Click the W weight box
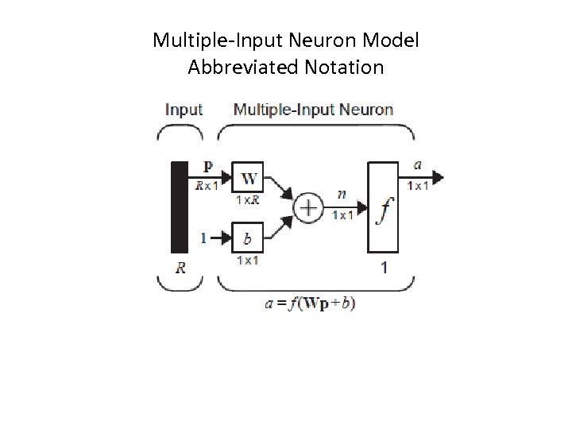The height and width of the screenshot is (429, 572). (x=248, y=177)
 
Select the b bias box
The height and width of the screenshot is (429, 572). (x=248, y=236)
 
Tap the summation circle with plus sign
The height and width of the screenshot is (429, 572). (x=308, y=208)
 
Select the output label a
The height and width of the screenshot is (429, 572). (x=417, y=165)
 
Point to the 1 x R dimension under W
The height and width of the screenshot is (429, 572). (x=248, y=200)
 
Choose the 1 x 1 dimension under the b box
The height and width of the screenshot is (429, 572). (x=248, y=260)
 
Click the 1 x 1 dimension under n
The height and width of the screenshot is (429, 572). (x=343, y=215)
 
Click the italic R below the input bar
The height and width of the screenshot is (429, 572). (x=181, y=269)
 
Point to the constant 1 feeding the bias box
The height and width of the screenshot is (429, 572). (x=203, y=237)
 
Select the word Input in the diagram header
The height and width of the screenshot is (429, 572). (x=184, y=110)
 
